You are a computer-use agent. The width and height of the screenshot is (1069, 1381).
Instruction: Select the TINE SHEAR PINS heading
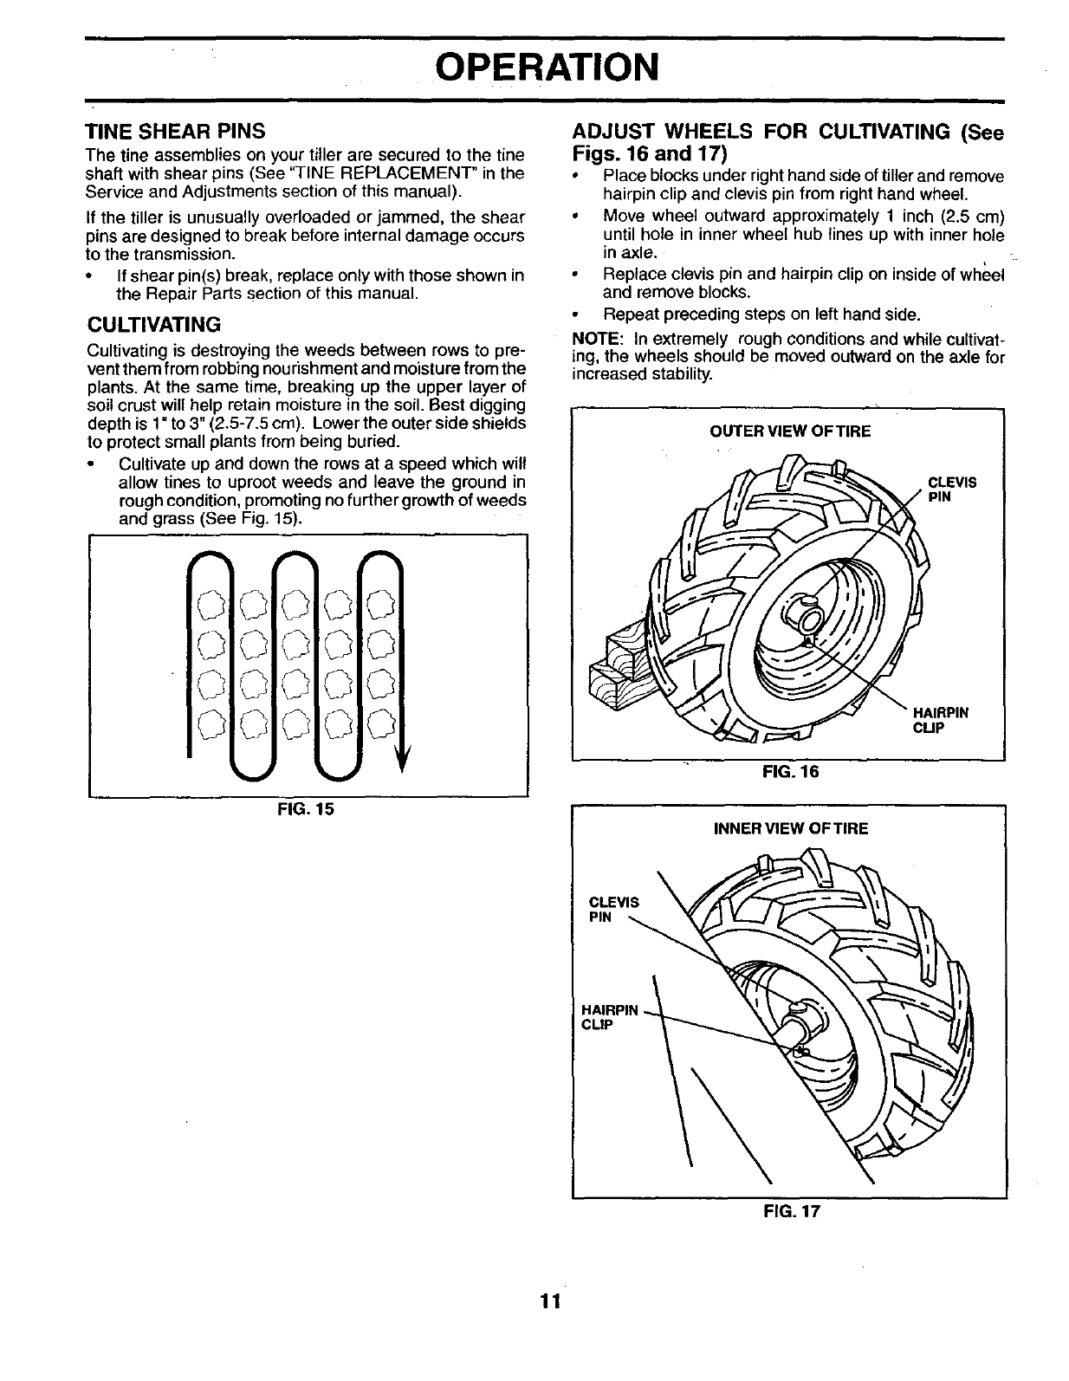[x=174, y=133]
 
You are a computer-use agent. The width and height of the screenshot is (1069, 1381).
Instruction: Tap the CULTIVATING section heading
[x=154, y=325]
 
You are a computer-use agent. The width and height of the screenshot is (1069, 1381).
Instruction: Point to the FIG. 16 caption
[x=788, y=771]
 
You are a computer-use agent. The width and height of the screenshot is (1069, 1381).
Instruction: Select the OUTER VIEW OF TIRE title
[x=790, y=431]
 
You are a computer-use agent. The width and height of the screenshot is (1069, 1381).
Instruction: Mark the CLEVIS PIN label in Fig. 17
[x=612, y=910]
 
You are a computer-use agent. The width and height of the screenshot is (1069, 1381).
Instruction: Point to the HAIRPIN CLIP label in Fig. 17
[x=610, y=1017]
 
